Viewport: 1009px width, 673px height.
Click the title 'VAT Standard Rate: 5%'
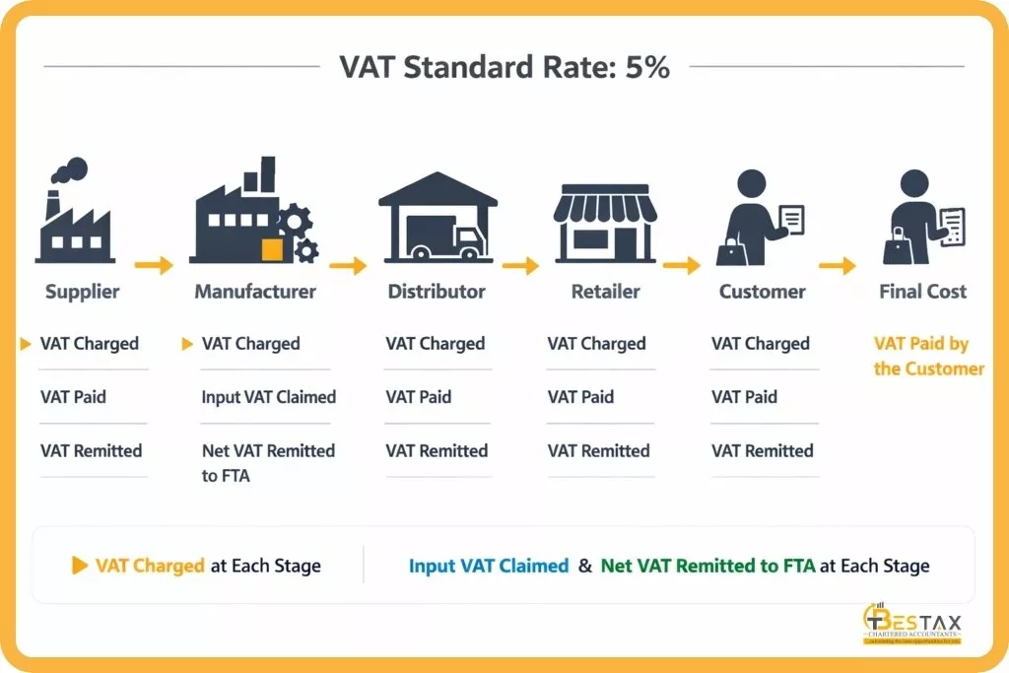coord(504,67)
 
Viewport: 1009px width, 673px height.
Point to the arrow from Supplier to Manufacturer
coord(153,265)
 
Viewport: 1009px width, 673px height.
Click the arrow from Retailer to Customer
coord(681,265)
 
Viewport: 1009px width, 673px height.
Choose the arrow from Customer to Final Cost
coord(837,265)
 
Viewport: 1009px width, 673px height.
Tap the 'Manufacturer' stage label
coord(255,292)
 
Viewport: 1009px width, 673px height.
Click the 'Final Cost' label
coord(922,292)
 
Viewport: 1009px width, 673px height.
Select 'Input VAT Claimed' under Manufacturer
coord(268,397)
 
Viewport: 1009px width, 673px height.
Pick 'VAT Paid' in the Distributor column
coord(418,397)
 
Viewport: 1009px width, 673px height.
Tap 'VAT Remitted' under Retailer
coord(598,451)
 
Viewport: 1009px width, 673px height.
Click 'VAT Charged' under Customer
coord(760,344)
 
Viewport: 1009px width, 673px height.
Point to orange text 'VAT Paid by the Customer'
coord(928,357)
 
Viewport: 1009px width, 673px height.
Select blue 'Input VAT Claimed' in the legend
coord(489,566)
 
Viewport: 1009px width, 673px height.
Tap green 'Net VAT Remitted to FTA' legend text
coord(707,566)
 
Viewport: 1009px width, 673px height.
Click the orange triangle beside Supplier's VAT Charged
coord(26,344)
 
